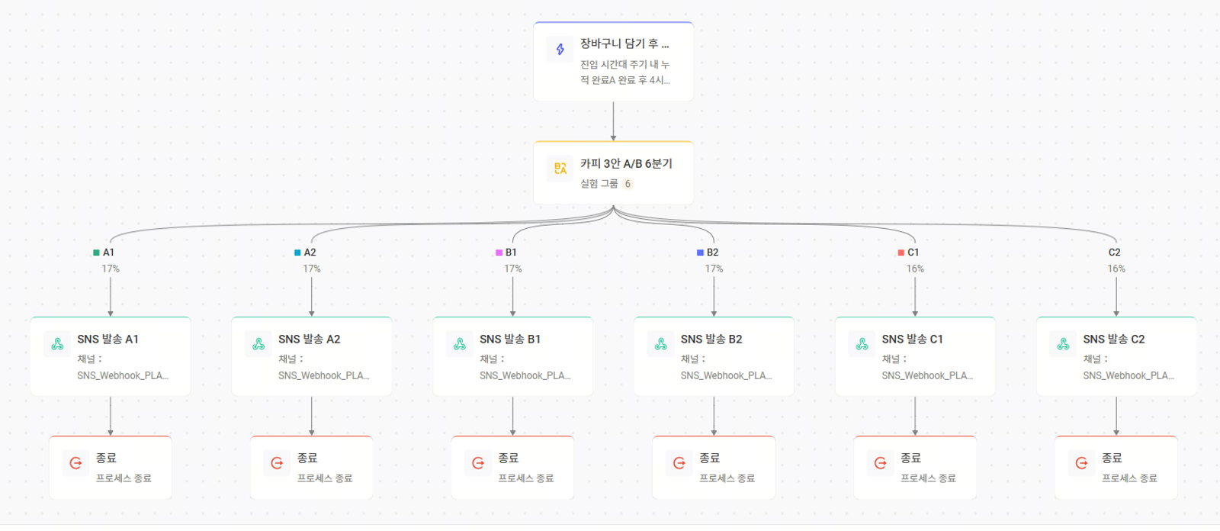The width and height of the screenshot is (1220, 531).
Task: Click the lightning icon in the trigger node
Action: point(560,50)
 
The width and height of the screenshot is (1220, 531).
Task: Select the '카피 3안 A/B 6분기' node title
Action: point(626,163)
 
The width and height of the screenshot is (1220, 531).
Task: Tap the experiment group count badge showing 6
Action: point(628,184)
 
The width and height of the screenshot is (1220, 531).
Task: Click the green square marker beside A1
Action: point(96,253)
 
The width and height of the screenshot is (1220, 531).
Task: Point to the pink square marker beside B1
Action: point(499,253)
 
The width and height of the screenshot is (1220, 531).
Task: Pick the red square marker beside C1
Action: point(901,253)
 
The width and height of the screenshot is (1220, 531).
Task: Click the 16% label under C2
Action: point(1116,269)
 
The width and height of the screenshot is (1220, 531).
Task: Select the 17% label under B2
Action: point(714,269)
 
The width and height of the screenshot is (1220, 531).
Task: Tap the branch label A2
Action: point(310,253)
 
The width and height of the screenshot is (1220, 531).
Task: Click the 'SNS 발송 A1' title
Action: point(108,339)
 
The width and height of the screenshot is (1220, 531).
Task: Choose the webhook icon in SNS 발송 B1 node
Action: point(460,344)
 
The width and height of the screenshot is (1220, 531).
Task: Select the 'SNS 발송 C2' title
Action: point(1114,339)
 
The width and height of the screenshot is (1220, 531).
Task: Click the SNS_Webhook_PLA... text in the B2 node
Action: point(726,375)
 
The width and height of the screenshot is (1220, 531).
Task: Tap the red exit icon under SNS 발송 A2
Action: point(277,463)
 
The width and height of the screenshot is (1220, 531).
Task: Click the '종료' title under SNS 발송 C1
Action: point(910,458)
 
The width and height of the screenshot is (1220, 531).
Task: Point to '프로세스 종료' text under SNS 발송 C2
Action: point(1129,478)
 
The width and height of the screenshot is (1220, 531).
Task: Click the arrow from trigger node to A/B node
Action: point(613,121)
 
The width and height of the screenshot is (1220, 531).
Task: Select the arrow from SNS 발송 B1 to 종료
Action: point(512,416)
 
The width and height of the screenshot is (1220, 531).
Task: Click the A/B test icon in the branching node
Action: point(560,169)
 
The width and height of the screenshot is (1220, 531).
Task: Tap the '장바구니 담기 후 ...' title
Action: point(624,43)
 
